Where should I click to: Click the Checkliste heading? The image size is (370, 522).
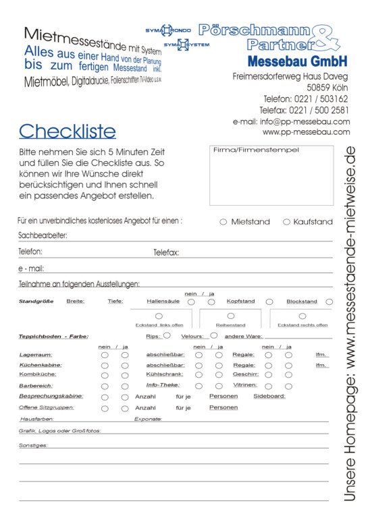67,131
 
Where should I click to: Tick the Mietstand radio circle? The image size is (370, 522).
223,221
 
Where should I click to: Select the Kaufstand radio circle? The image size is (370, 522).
286,221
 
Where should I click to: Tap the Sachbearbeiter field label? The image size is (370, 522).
42,236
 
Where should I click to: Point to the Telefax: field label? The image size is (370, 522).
166,252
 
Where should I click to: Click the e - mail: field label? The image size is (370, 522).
31,268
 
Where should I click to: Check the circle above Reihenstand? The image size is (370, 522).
231,316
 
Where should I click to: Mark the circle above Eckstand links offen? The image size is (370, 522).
159,316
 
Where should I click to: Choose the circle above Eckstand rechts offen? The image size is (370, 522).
302,316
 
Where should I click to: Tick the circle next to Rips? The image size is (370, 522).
167,335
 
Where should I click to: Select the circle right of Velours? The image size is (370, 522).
214,335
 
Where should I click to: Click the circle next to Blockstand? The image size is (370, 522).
329,301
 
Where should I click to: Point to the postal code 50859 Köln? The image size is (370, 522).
327,88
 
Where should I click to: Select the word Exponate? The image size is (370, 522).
148,419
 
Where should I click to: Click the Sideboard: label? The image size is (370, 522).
269,396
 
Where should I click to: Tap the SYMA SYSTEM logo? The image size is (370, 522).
186,45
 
